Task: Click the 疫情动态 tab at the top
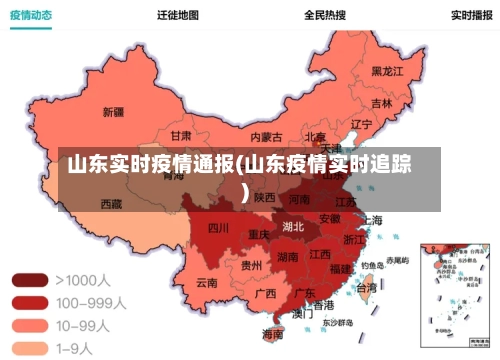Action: pyautogui.click(x=31, y=16)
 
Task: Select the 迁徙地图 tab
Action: pyautogui.click(x=178, y=16)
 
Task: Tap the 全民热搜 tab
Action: pyautogui.click(x=325, y=16)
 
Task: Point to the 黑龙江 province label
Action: pyautogui.click(x=387, y=71)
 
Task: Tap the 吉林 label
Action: pyautogui.click(x=382, y=103)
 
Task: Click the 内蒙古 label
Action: pyautogui.click(x=265, y=137)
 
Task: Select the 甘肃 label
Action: pyautogui.click(x=181, y=135)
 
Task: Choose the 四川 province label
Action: pyautogui.click(x=218, y=228)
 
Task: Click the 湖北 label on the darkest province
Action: pyautogui.click(x=293, y=226)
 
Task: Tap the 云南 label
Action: pyautogui.click(x=207, y=283)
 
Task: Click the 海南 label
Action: pyautogui.click(x=272, y=334)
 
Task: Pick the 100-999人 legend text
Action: pyautogui.click(x=90, y=302)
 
